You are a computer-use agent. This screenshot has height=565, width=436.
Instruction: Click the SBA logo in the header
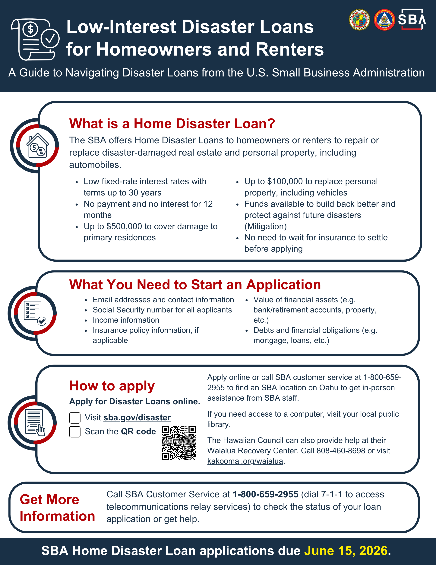coord(412,19)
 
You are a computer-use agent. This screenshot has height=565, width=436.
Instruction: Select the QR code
coord(179,443)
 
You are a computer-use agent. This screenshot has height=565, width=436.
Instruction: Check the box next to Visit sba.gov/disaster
coord(75,418)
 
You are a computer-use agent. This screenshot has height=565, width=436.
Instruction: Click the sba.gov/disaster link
coord(137,418)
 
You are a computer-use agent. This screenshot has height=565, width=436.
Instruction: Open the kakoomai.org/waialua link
coord(245,461)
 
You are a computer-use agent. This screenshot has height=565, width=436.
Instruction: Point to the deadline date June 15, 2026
coord(346,551)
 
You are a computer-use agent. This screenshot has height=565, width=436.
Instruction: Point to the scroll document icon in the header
coord(35,39)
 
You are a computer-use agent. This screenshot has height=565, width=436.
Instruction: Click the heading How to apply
coord(112,386)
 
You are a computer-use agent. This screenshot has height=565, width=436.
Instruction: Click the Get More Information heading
coord(57,508)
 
